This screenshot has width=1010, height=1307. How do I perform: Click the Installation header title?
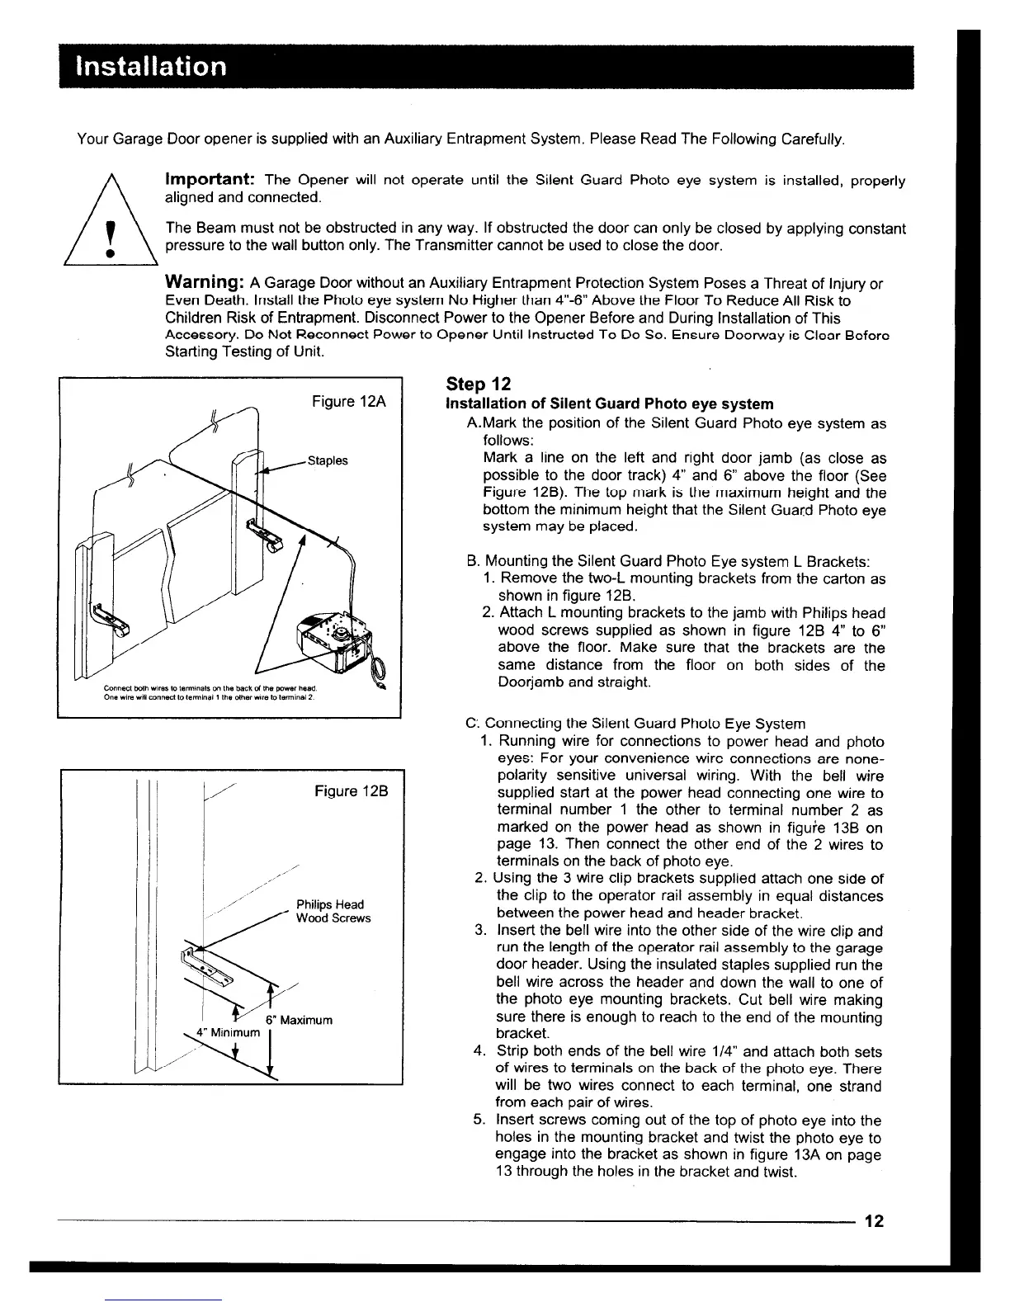pyautogui.click(x=150, y=66)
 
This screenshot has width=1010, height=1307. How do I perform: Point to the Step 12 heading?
pyautogui.click(x=478, y=384)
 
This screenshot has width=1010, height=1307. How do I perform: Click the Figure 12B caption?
pyautogui.click(x=351, y=791)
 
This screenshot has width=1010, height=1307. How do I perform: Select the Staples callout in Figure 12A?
pyautogui.click(x=327, y=460)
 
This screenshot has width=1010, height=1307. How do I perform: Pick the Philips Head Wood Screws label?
pyautogui.click(x=333, y=911)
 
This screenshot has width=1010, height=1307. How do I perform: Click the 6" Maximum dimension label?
pyautogui.click(x=299, y=1020)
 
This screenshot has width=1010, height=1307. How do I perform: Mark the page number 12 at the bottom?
pyautogui.click(x=875, y=1221)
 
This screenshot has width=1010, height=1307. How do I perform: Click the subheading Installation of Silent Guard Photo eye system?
pyautogui.click(x=609, y=403)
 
